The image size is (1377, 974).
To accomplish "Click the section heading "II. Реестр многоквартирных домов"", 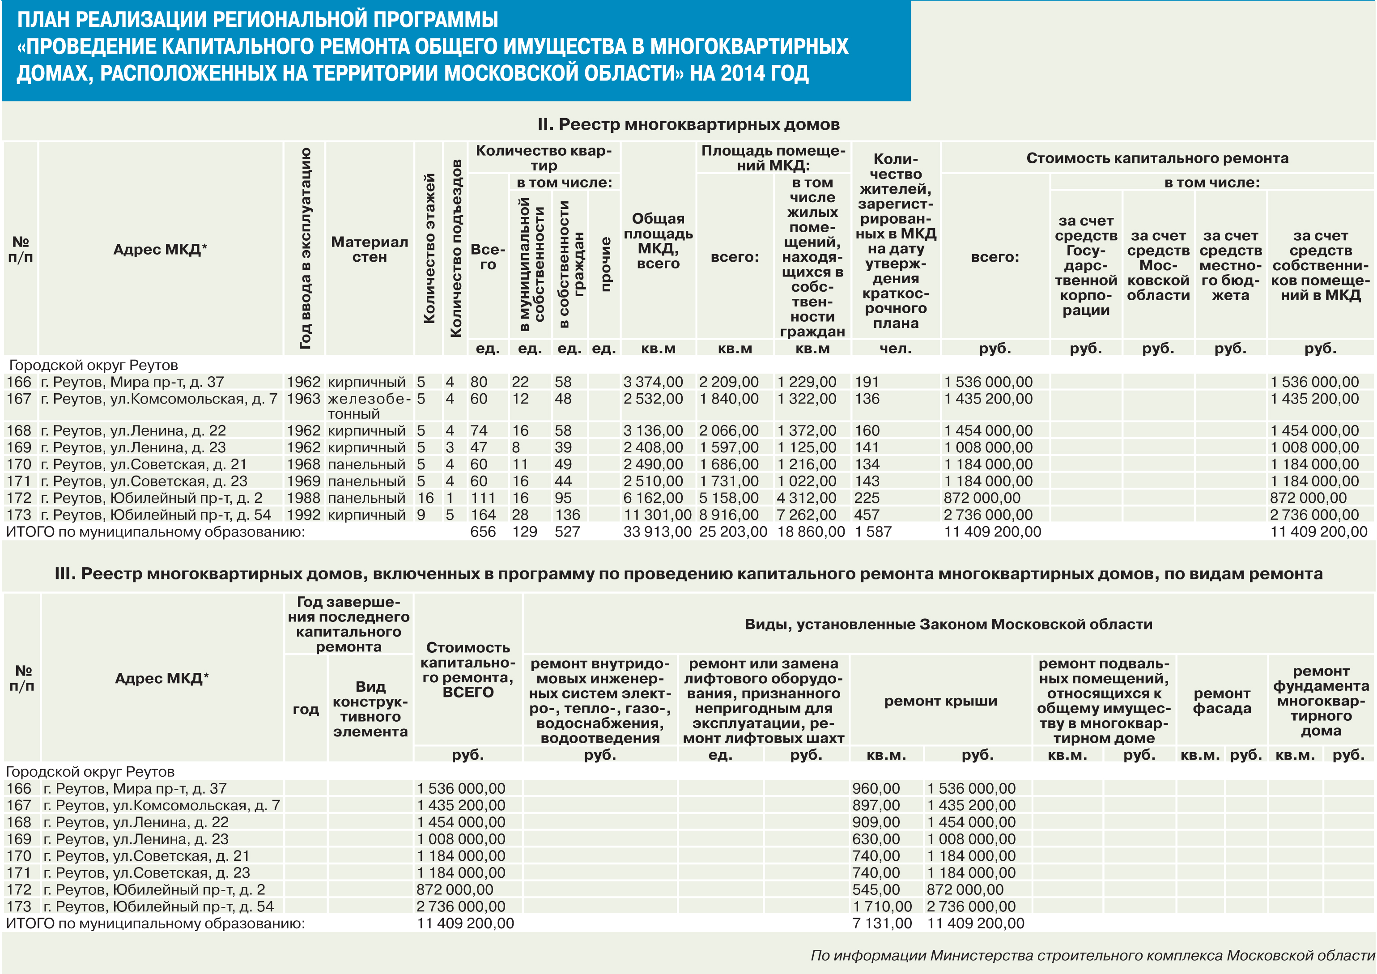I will pyautogui.click(x=688, y=125).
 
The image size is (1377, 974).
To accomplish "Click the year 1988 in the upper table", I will pyautogui.click(x=303, y=498).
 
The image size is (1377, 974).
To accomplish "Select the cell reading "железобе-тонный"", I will pyautogui.click(x=369, y=406).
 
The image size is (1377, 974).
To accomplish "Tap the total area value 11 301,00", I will pyautogui.click(x=657, y=515).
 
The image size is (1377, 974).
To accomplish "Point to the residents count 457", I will pyautogui.click(x=867, y=515).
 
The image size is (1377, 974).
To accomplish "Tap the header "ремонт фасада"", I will pyautogui.click(x=1222, y=701).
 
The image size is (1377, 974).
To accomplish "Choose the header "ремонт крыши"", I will pyautogui.click(x=940, y=701).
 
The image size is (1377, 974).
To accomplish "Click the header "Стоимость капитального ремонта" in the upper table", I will pyautogui.click(x=1157, y=158).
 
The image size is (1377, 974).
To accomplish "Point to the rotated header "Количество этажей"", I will pyautogui.click(x=429, y=248).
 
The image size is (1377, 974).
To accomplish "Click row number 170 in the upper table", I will pyautogui.click(x=19, y=464).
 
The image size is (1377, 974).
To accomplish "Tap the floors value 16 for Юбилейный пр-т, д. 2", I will pyautogui.click(x=425, y=498).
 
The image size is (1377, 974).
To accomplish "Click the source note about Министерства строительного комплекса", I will pyautogui.click(x=1092, y=955).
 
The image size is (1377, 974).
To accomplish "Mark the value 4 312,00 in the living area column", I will pyautogui.click(x=807, y=498).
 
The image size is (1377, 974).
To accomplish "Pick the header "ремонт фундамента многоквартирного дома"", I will pyautogui.click(x=1321, y=701).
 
